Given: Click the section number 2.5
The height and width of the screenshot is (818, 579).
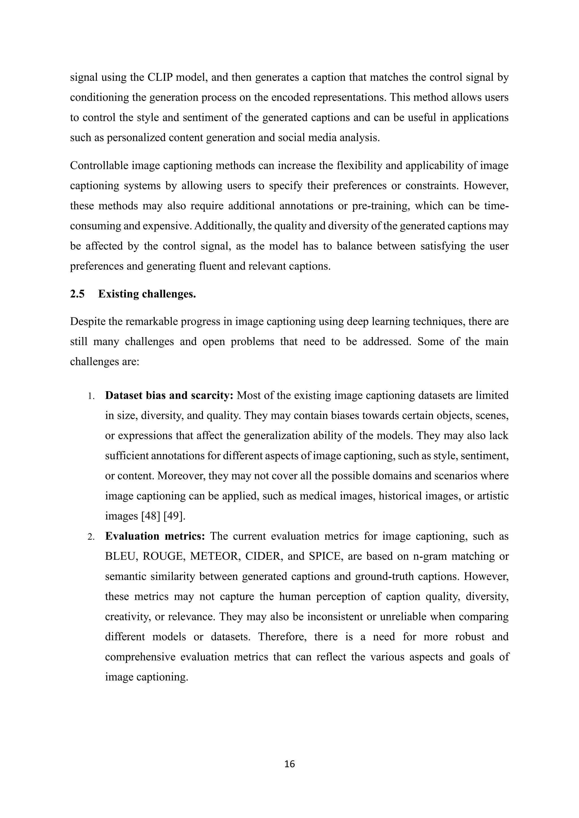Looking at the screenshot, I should point(77,294).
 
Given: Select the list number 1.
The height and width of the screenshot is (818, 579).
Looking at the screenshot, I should point(91,396).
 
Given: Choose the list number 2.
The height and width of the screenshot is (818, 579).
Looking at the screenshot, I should point(91,537).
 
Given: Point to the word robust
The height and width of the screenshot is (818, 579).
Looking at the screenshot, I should point(470,637).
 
